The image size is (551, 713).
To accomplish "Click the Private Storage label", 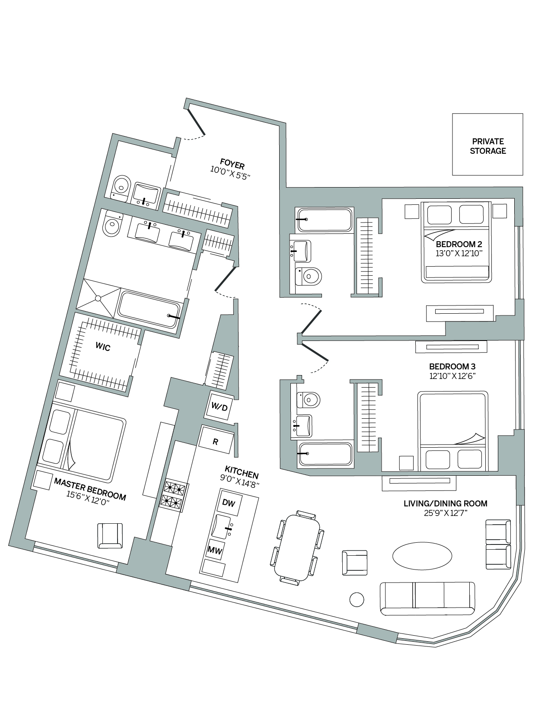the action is [488, 146].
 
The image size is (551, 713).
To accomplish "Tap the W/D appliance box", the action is [219, 406].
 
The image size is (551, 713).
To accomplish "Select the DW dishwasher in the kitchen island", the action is [229, 503].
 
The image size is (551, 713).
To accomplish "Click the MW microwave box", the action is [215, 550].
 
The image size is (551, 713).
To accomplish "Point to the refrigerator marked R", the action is [216, 442].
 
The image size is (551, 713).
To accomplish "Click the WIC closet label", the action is [103, 347].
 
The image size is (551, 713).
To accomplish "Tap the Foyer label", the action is [232, 165].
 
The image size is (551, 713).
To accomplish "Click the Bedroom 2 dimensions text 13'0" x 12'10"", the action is [459, 254].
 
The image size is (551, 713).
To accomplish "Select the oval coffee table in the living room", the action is [420, 556].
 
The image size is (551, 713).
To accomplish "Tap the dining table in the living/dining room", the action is [297, 547].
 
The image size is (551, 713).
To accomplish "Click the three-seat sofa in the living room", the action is [427, 598].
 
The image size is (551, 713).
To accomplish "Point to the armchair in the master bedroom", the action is [110, 535].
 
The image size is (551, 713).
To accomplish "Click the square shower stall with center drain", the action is [99, 298].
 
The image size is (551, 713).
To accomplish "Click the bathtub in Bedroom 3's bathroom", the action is [325, 454].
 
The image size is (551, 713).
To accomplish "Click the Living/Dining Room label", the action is [445, 503].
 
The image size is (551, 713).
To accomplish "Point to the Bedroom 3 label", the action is [452, 366].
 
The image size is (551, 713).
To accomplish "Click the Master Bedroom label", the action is [90, 490].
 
